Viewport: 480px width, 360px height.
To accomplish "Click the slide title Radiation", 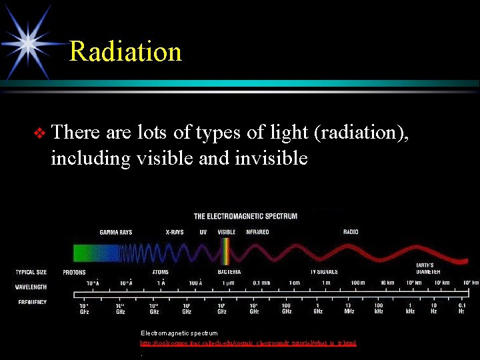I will tap(125, 51).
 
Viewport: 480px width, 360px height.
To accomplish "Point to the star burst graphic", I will tap(29, 40).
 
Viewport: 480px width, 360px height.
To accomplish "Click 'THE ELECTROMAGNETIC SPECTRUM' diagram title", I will tap(245, 216).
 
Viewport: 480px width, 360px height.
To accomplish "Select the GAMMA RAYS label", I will tap(115, 233).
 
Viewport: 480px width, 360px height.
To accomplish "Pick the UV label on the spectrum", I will tap(203, 233).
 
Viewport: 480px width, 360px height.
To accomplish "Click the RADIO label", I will tap(351, 233).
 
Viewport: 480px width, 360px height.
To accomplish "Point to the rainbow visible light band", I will tap(226, 253).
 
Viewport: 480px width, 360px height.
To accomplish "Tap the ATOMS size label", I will tap(160, 272).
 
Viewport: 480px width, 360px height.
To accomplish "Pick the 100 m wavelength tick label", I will tap(357, 283).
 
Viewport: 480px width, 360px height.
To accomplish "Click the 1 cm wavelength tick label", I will tap(293, 283).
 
